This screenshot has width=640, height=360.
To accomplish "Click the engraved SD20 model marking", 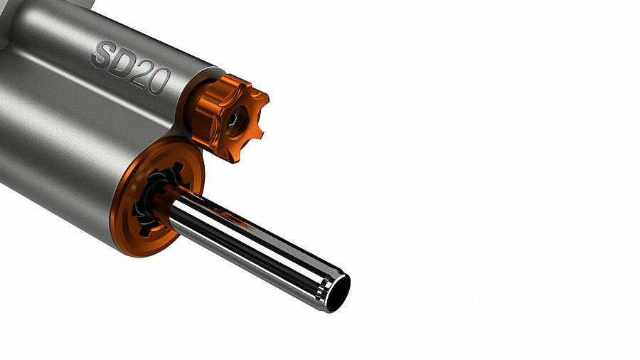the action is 131,68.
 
